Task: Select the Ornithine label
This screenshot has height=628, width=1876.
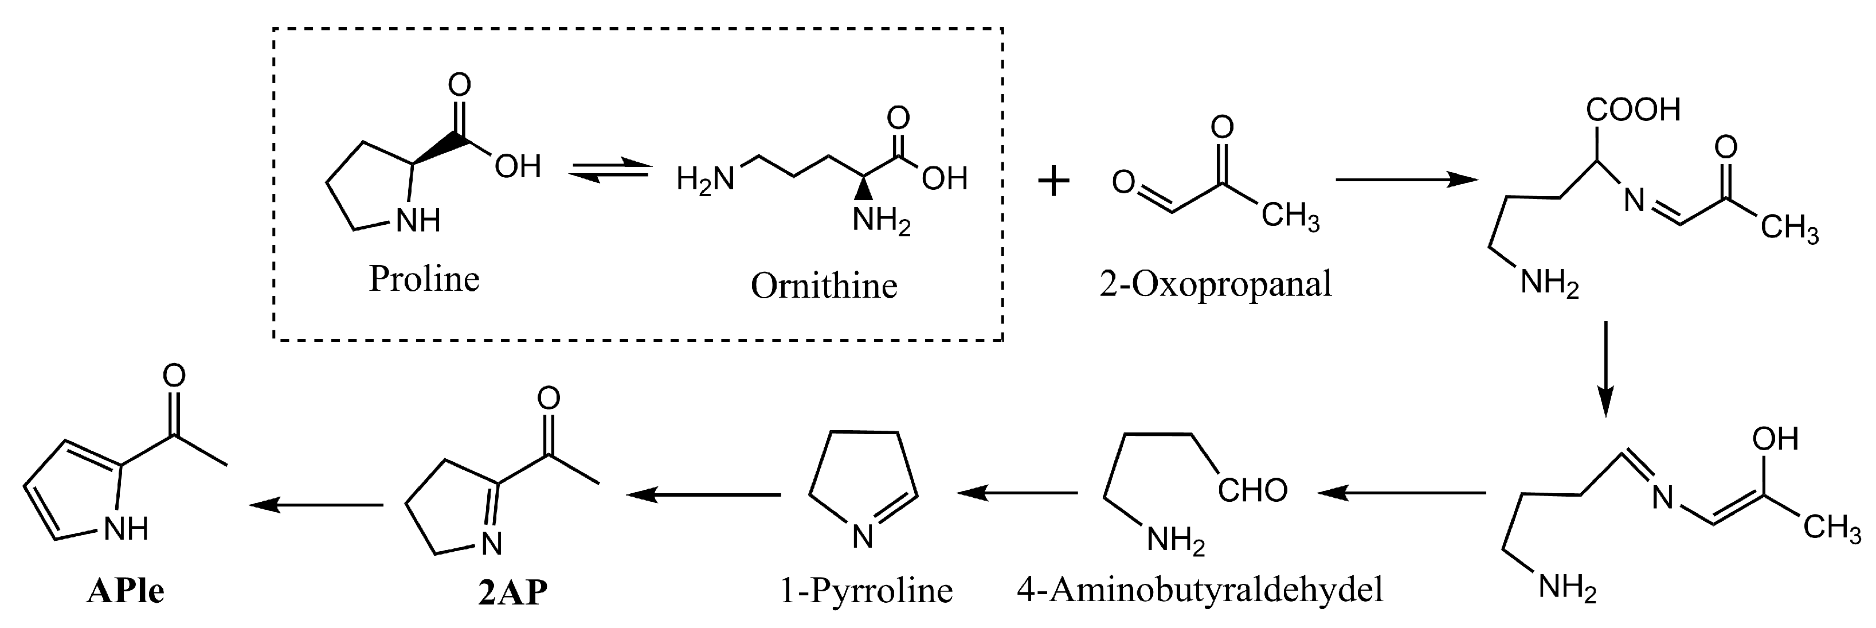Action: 824,286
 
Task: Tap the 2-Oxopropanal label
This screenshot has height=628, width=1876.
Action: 1216,284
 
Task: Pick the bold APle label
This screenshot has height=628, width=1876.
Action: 126,591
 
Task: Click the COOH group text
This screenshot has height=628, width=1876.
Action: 1633,110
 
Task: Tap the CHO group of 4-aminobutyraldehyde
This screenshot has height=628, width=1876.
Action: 1252,491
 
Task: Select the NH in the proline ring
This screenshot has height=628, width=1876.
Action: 418,220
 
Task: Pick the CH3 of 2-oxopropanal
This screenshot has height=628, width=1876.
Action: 1290,217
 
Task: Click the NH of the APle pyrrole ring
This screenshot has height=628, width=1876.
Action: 126,529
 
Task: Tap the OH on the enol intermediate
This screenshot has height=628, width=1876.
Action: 1775,439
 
